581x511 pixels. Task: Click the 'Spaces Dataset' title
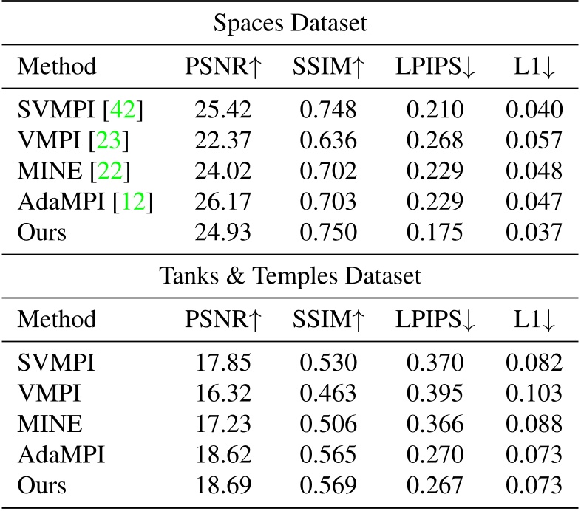click(x=290, y=24)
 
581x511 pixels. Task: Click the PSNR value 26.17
click(x=222, y=201)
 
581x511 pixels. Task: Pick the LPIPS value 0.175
click(x=435, y=231)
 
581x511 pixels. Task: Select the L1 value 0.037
click(x=534, y=231)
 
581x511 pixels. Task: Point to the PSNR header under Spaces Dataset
click(x=222, y=66)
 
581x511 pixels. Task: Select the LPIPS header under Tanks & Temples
click(x=435, y=319)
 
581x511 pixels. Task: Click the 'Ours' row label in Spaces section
click(x=42, y=231)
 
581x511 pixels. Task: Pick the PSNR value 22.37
click(x=222, y=140)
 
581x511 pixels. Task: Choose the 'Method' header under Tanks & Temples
click(x=57, y=319)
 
